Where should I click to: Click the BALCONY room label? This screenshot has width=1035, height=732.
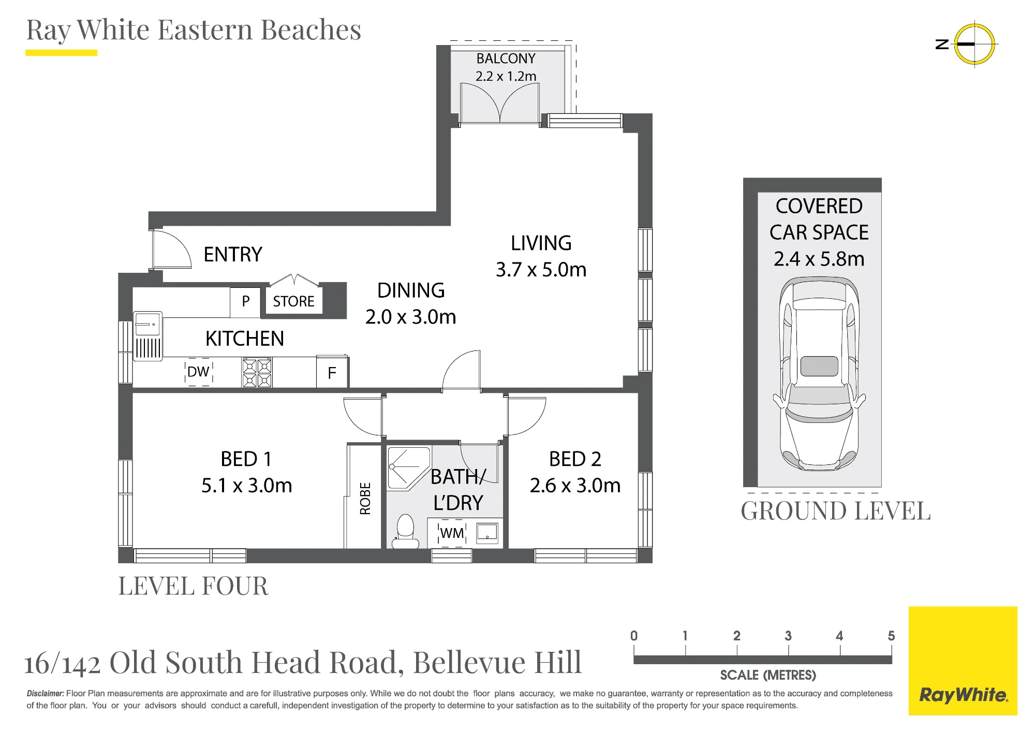pos(506,58)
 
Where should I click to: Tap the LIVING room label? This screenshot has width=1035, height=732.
pos(541,243)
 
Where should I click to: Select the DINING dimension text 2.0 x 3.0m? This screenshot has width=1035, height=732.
pos(410,317)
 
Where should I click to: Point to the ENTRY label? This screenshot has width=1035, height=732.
pos(233,255)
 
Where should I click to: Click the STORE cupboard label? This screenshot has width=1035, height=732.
pos(293,301)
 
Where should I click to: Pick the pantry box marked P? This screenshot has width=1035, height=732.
pos(245,302)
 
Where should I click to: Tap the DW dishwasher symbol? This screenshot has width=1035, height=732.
pos(198,372)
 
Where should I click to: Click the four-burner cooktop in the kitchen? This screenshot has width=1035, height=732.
pos(257,373)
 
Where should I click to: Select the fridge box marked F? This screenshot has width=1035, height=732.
pos(332,372)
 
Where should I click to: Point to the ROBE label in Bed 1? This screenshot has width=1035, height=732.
pos(365,499)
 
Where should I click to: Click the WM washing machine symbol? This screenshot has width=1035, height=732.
pos(452,533)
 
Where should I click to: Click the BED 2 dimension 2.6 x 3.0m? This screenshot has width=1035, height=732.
pos(575,486)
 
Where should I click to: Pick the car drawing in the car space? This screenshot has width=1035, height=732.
pos(819,374)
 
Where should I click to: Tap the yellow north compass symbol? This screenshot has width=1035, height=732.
pos(974,44)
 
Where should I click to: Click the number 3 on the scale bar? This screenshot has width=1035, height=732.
pos(788,636)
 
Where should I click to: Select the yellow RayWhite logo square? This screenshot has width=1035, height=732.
pos(963,661)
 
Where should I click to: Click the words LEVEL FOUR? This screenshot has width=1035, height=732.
pos(194,586)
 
